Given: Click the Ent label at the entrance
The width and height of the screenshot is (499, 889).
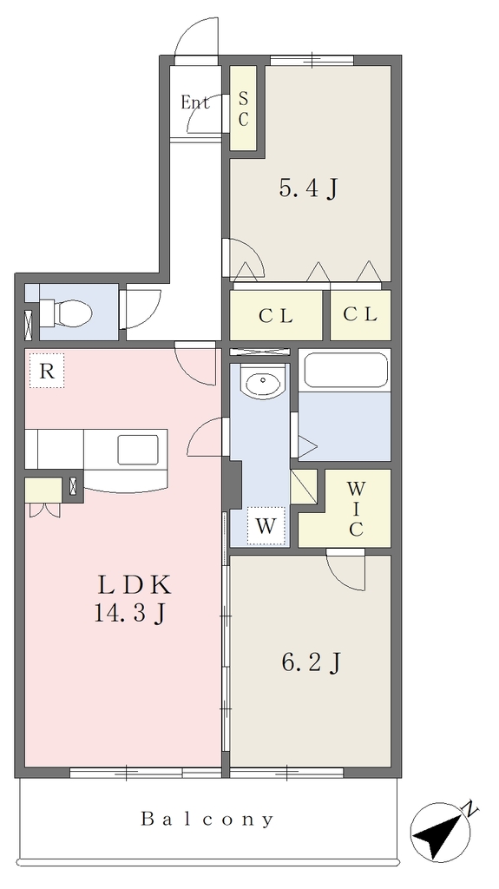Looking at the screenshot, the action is point(194,102).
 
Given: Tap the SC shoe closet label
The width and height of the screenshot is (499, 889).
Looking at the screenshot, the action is point(243,109).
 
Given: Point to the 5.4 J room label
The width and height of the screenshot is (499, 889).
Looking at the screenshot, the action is point(308,188).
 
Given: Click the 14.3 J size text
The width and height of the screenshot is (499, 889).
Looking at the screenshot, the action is point(129,612).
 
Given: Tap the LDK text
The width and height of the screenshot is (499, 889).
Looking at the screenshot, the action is point(135,584).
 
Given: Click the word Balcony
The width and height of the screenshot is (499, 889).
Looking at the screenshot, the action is point(207,820).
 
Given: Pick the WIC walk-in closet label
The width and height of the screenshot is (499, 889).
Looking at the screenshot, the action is point(356,509).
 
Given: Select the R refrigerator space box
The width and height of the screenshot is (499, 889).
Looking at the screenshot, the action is point(47,371).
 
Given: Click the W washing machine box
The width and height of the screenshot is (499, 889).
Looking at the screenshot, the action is point(266,526).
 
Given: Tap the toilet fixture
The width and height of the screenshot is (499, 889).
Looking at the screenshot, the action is point(65,313).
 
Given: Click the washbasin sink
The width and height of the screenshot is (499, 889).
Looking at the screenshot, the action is point(262,383).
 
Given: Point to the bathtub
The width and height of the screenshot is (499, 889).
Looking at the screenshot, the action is point(345,370).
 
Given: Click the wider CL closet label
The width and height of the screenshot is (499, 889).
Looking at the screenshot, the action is point(276,316).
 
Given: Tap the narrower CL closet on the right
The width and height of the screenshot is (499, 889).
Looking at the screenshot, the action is point(361,314).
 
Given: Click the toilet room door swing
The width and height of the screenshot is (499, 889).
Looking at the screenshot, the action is point(141,309).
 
